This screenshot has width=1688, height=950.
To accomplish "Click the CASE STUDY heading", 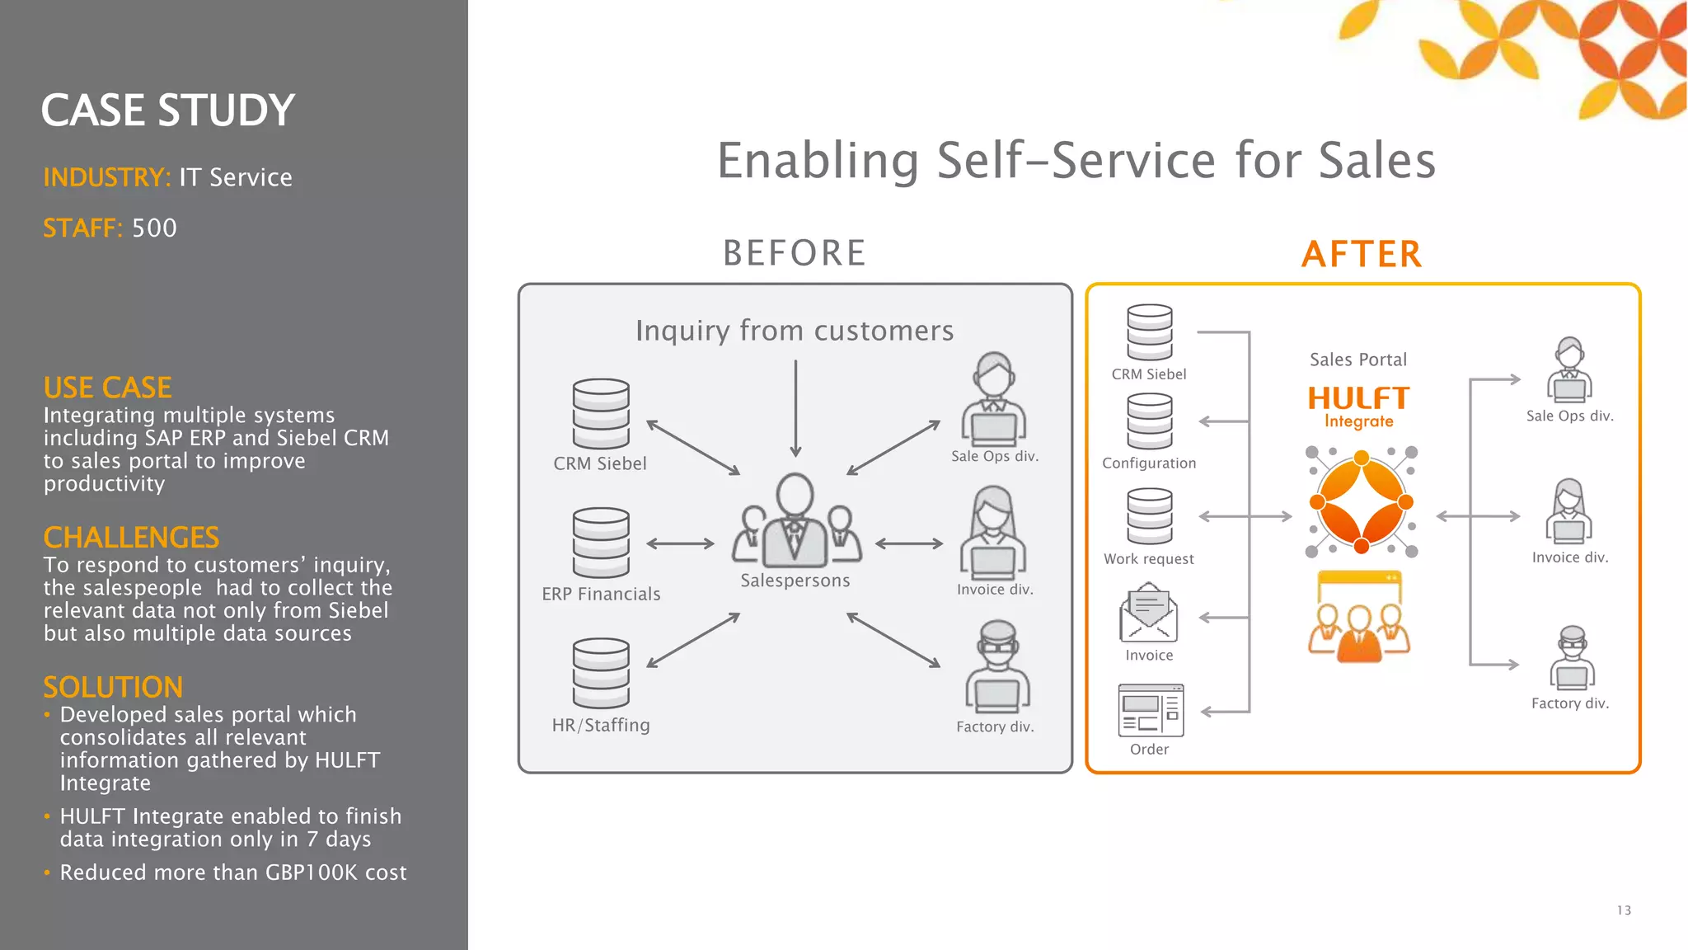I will pyautogui.click(x=167, y=111).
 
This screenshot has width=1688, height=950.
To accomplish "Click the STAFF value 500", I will pyautogui.click(x=154, y=228).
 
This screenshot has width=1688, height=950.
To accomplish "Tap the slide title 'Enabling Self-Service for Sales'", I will pyautogui.click(x=1076, y=160).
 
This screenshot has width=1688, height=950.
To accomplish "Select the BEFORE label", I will pyautogui.click(x=795, y=253).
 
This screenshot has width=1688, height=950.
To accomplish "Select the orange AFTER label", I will pyautogui.click(x=1362, y=254).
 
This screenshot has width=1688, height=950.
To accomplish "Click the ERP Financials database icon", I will pyautogui.click(x=601, y=543).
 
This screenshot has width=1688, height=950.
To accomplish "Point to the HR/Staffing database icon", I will pyautogui.click(x=601, y=673).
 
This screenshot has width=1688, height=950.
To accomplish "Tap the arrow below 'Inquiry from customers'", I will pyautogui.click(x=795, y=408).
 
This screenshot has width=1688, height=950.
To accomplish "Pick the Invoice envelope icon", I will pyautogui.click(x=1148, y=613).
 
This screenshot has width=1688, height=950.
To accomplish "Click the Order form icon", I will pyautogui.click(x=1151, y=710).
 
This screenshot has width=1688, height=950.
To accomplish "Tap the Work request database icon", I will pyautogui.click(x=1150, y=517).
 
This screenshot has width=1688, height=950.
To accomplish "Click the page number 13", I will pyautogui.click(x=1624, y=910).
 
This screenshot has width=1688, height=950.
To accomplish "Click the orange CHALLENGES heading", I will pyautogui.click(x=131, y=538).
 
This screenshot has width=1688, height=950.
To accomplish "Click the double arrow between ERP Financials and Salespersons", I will pyautogui.click(x=680, y=543).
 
